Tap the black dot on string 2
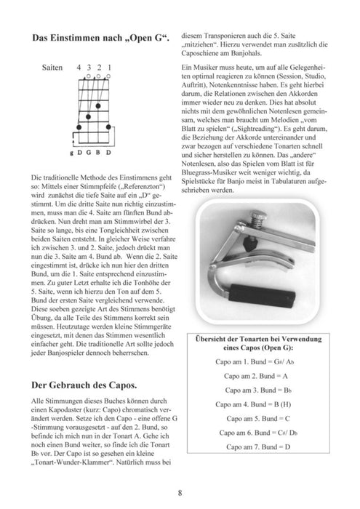98,105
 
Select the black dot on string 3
89,116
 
